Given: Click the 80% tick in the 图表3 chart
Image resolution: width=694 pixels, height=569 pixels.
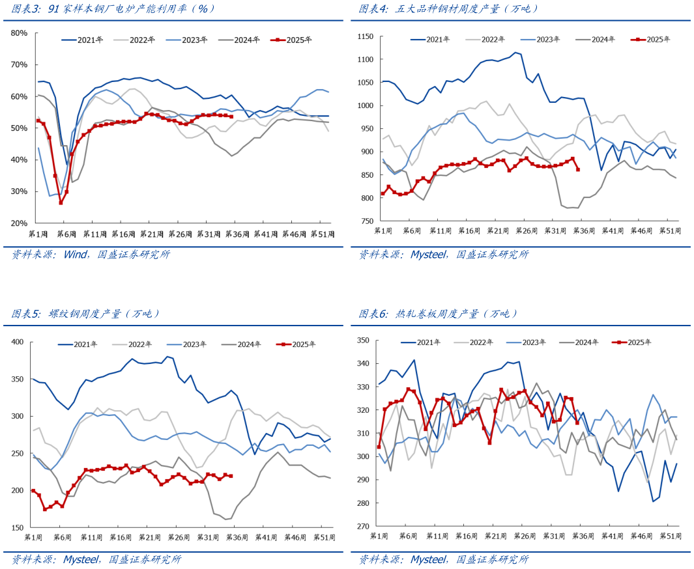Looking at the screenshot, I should point(18,33).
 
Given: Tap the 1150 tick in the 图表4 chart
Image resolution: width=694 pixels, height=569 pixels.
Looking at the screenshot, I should point(363,37).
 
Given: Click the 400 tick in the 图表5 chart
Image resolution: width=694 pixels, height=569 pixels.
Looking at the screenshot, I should point(17,342).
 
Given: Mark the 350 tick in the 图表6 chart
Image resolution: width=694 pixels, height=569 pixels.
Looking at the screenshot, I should point(364,340).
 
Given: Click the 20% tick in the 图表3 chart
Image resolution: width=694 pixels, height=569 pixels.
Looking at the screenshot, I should point(18,223).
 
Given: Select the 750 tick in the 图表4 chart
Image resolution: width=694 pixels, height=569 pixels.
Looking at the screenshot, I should point(365,221).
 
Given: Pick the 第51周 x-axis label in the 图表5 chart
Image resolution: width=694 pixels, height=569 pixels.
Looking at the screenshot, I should point(323,537).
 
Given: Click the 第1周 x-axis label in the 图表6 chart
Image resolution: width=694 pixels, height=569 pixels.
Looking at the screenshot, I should point(379,535).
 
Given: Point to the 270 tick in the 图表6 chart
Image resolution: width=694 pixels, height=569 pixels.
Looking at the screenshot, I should point(364,526).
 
